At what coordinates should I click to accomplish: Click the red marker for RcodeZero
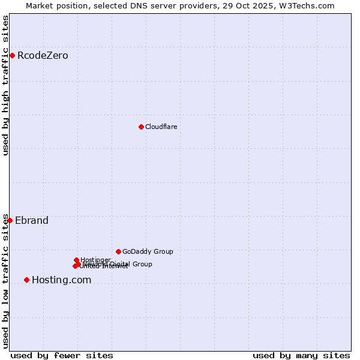point(12,56)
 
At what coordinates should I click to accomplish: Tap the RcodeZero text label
point(43,56)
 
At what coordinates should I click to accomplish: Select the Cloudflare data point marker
point(141,127)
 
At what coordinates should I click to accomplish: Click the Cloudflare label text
point(161,127)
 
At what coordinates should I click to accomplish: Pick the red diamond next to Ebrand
point(10,220)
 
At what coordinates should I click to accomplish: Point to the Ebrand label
point(32,220)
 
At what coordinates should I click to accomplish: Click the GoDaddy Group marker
point(118,251)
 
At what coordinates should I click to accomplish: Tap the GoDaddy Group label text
point(148,251)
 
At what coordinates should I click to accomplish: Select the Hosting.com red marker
point(26,280)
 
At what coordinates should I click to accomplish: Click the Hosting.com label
point(61,280)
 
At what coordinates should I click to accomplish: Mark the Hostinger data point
point(77,260)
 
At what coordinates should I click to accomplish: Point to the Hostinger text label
point(95,260)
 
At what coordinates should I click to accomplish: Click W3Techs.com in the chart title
point(305,5)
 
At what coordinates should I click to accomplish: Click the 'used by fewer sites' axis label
point(62,355)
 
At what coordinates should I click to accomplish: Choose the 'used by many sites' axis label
point(301,355)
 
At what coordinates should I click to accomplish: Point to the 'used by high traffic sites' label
point(6,85)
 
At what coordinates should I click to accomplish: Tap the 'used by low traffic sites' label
point(6,281)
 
